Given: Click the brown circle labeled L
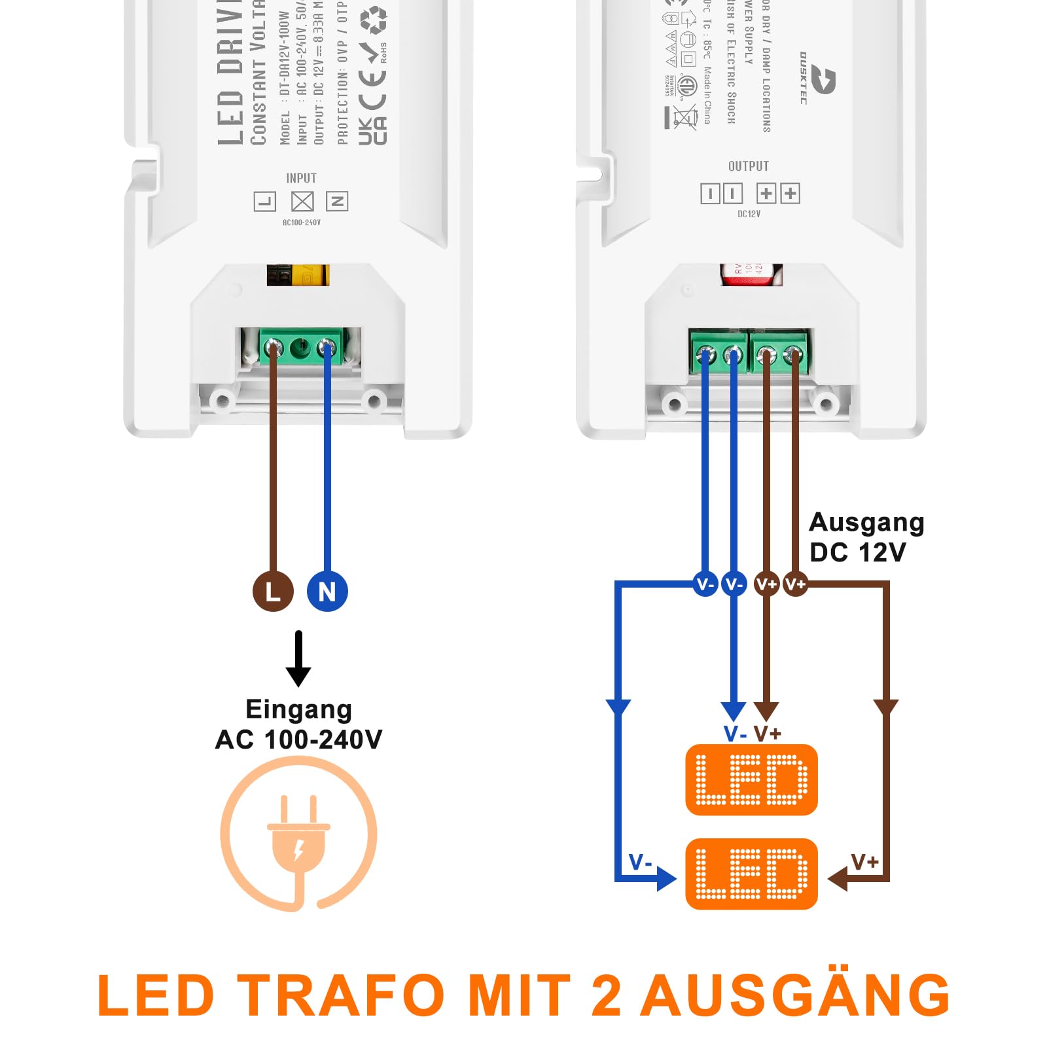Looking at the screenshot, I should pos(273,592).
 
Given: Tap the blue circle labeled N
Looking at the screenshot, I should pos(327,592).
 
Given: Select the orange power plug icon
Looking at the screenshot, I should pos(298,834).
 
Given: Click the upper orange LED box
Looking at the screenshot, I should pos(751,779).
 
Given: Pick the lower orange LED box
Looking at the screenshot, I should pos(751,874).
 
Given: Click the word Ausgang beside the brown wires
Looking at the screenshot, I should pos(866,523).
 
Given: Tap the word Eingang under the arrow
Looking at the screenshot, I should pos(298,709).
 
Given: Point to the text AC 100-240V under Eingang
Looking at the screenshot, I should pos(298,739).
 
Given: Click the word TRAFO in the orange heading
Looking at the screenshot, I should pos(340,995).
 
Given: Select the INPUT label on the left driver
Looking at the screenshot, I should pos(301,178).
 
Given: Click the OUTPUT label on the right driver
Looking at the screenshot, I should pos(749,166).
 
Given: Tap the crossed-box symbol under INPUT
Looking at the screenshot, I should pos(302,202).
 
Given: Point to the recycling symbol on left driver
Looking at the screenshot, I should pos(374,20).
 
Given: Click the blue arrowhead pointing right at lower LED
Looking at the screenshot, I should pos(666,878).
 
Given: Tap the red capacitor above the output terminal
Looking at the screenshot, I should pos(751,274).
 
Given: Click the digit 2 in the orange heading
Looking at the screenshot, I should pos(605,995).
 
